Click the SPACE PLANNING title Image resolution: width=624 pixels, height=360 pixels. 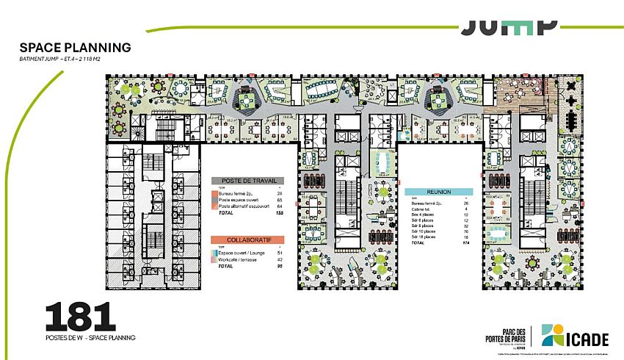76,48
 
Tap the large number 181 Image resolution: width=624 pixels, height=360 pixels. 80,317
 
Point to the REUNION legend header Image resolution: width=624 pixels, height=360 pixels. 438,192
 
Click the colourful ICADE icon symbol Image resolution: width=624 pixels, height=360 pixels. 553,335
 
